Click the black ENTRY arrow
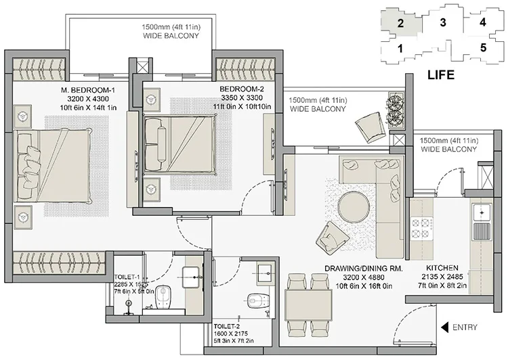tap(444, 328)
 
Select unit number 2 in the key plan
tap(400, 23)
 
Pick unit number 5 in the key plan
tap(483, 48)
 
